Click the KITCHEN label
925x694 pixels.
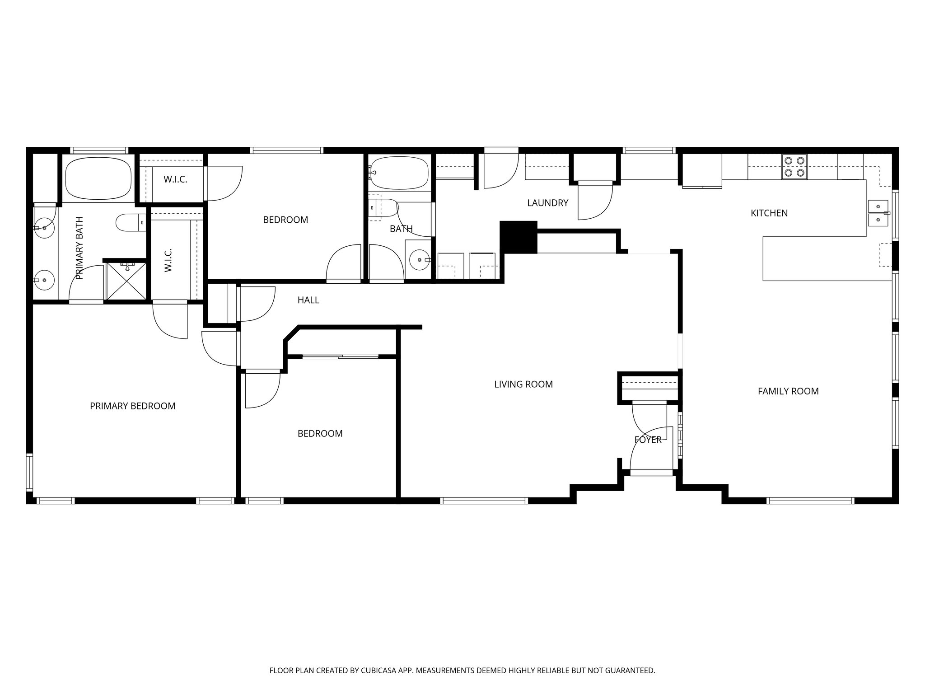pyautogui.click(x=769, y=213)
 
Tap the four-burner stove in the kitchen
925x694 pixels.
pyautogui.click(x=794, y=167)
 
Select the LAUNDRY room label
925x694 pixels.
pyautogui.click(x=547, y=203)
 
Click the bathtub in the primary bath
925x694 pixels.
pyautogui.click(x=98, y=178)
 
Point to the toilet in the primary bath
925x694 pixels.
pyautogui.click(x=130, y=222)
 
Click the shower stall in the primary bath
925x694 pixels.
pyautogui.click(x=126, y=280)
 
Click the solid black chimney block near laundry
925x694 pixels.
pyautogui.click(x=518, y=237)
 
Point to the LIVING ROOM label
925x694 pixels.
pyautogui.click(x=523, y=385)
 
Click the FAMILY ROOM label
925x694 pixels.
pyautogui.click(x=788, y=391)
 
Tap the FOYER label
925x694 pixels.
pyautogui.click(x=648, y=440)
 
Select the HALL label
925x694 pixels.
pyautogui.click(x=308, y=300)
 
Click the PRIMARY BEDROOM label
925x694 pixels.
pyautogui.click(x=132, y=406)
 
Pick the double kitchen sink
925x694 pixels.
pyautogui.click(x=878, y=213)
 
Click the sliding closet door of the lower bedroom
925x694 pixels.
pyautogui.click(x=340, y=357)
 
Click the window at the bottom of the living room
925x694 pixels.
pyautogui.click(x=484, y=500)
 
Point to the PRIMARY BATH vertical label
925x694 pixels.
pyautogui.click(x=80, y=248)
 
